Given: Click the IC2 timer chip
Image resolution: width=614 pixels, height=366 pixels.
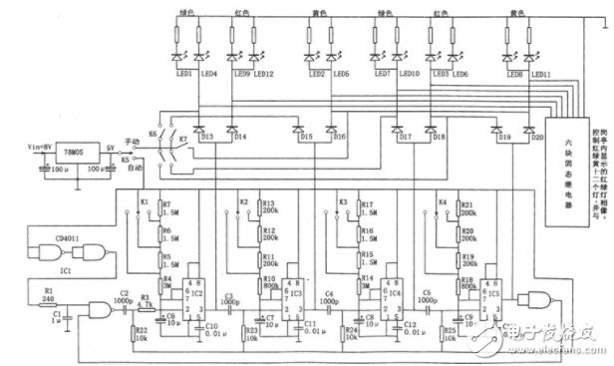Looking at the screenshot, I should pos(197,296).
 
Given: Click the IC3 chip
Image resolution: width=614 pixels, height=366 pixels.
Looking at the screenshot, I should pos(295,296).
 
